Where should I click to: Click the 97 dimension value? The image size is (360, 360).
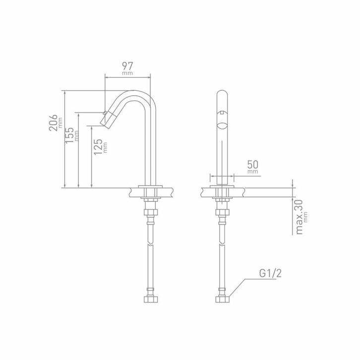coord(127,66)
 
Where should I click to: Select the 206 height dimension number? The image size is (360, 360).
coord(53,122)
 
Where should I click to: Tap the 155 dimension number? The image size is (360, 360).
coord(69,135)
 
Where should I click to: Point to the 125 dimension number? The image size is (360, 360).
coord(98,147)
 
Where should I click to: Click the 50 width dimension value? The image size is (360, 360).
coord(253,165)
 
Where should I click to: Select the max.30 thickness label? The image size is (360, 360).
coord(300,217)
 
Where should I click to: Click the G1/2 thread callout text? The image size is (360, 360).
coord(270,273)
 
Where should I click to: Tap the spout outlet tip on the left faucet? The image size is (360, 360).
coord(103,124)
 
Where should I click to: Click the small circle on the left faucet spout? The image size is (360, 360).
coord(105,113)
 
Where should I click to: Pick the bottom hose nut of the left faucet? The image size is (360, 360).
coord(151,299)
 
